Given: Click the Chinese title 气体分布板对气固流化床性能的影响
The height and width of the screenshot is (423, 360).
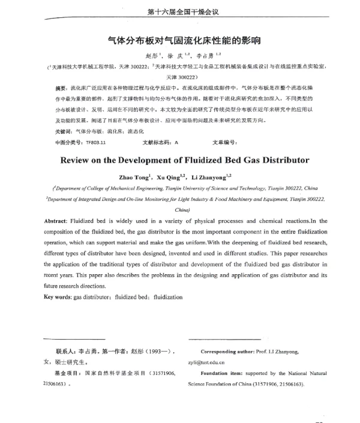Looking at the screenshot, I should (179, 43).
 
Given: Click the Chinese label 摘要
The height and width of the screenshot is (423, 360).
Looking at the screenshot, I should (60, 88).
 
